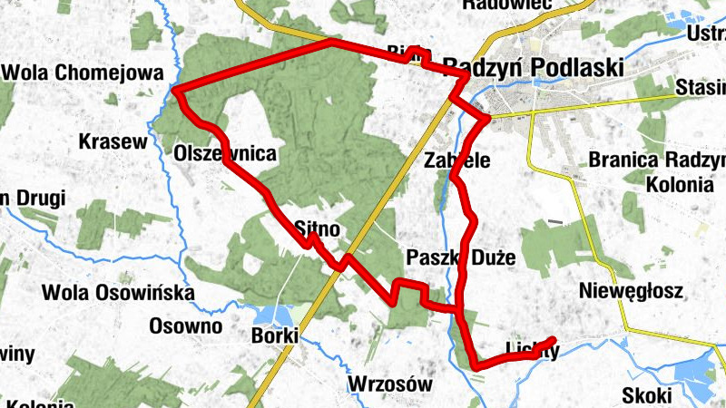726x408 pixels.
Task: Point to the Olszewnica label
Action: pos(224,154)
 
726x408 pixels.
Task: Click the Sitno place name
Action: pos(318,228)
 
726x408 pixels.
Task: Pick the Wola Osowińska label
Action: pos(119,293)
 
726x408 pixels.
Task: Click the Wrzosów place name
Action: pos(389,384)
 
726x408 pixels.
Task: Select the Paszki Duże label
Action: pos(461,257)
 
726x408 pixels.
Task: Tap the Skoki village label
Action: pos(647,395)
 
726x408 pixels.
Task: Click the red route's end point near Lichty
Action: pos(553,340)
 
